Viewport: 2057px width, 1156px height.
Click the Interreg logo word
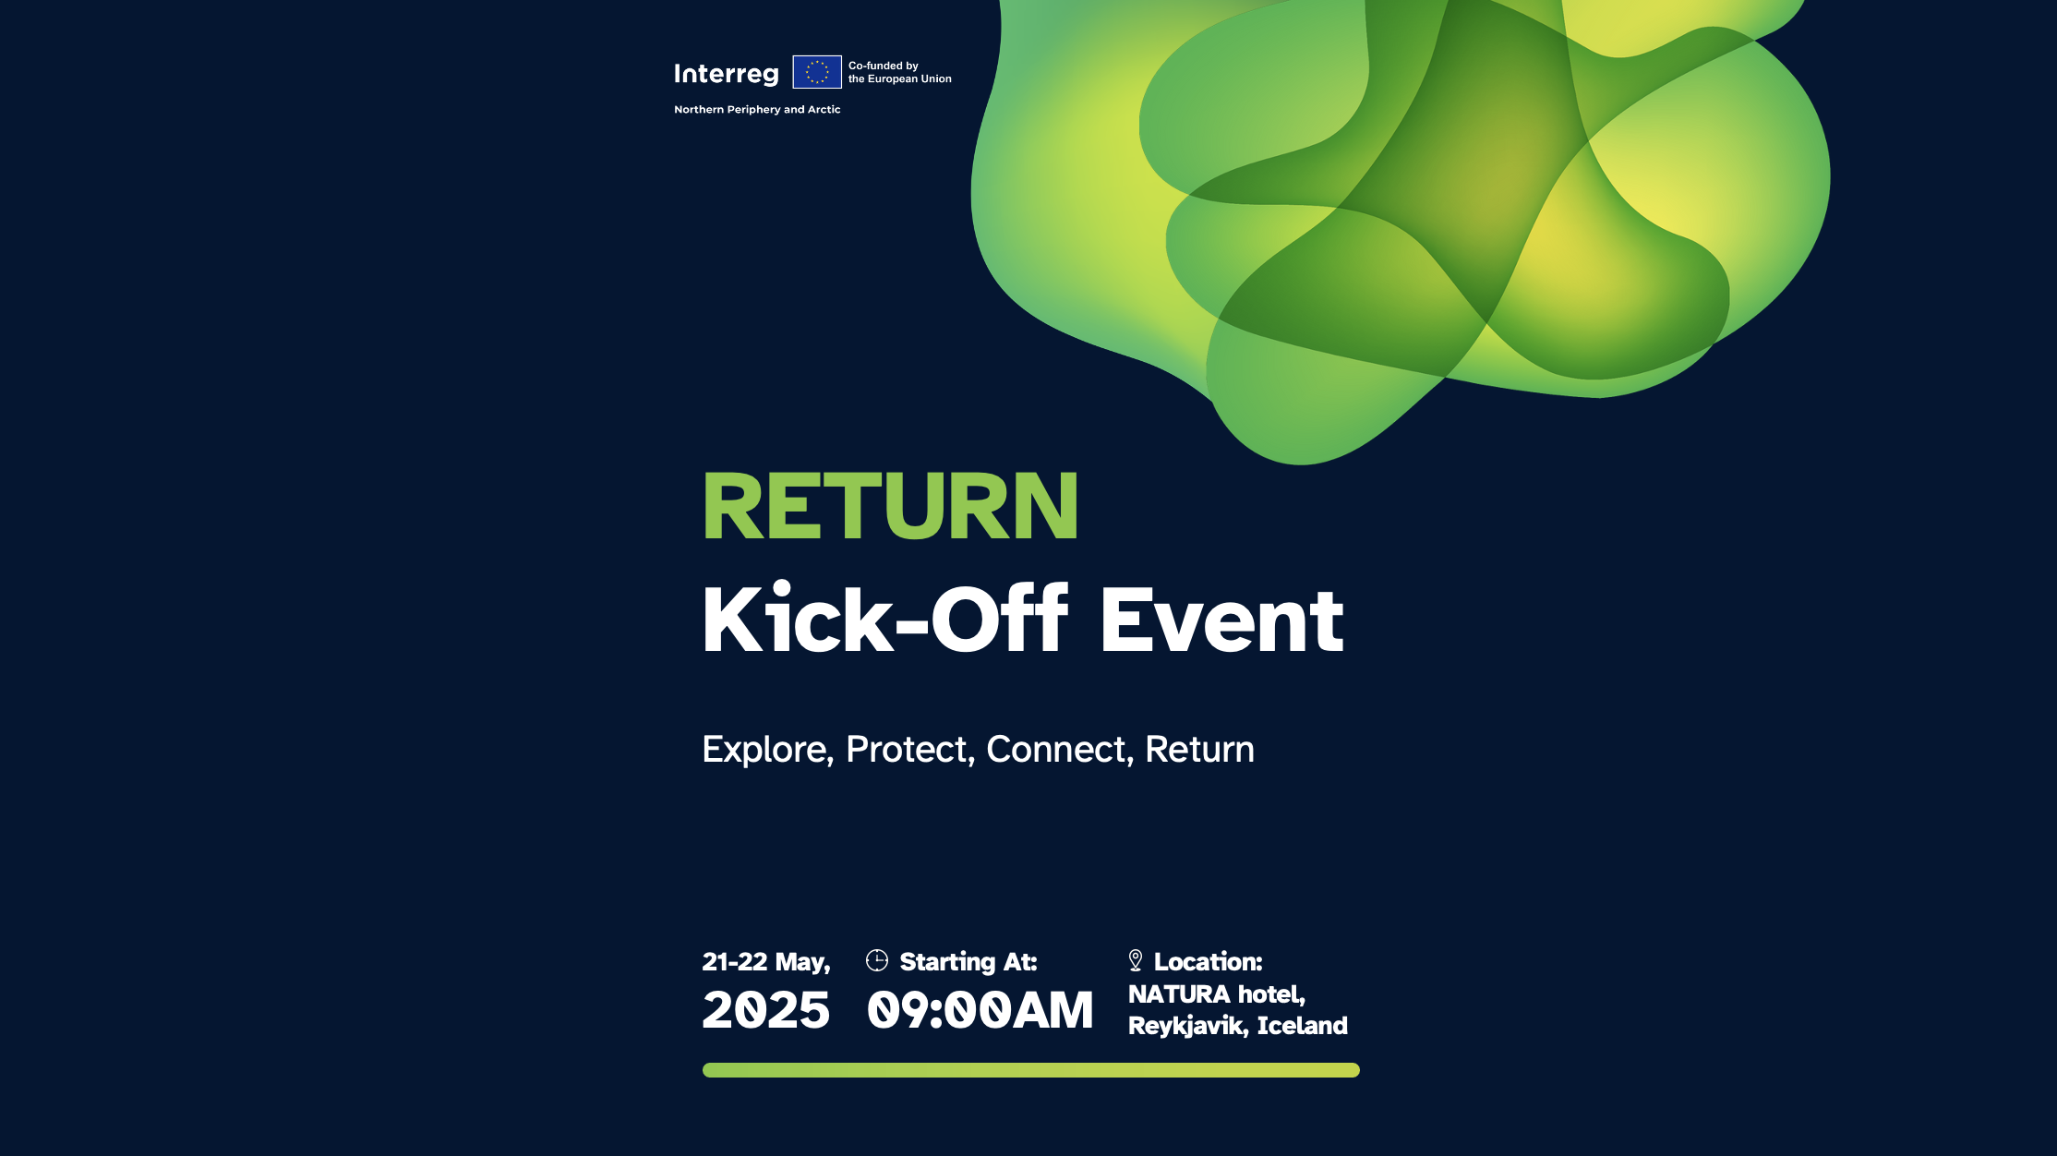pyautogui.click(x=726, y=74)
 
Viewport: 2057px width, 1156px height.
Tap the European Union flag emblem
pyautogui.click(x=817, y=72)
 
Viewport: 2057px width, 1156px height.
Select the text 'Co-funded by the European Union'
pyautogui.click(x=900, y=72)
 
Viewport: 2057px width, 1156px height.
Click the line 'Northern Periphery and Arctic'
pyautogui.click(x=757, y=109)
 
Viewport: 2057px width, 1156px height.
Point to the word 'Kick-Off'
pyautogui.click(x=885, y=619)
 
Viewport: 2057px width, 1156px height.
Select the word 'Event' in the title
pyautogui.click(x=1221, y=620)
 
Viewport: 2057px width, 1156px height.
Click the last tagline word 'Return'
pyautogui.click(x=1199, y=749)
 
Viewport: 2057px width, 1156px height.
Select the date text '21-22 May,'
pyautogui.click(x=766, y=962)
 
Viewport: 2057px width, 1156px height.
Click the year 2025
pyautogui.click(x=766, y=1009)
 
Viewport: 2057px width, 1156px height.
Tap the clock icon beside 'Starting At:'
pyautogui.click(x=877, y=960)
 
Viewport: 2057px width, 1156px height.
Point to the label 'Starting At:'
pyautogui.click(x=968, y=962)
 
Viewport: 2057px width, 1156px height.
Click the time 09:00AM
pyautogui.click(x=980, y=1009)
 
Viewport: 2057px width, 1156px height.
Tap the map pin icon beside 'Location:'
pyautogui.click(x=1136, y=960)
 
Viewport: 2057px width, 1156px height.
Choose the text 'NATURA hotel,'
pyautogui.click(x=1217, y=994)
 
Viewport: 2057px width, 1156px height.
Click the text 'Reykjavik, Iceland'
pyautogui.click(x=1238, y=1026)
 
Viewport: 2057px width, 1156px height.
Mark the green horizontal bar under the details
pyautogui.click(x=1031, y=1070)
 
